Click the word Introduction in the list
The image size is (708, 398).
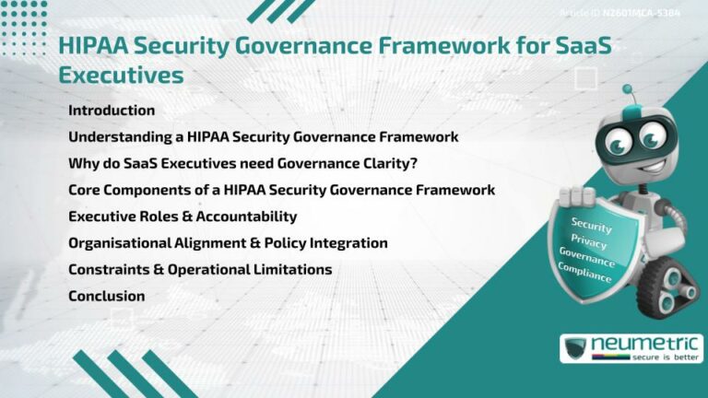[x=112, y=111]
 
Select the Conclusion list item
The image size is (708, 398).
[x=107, y=297]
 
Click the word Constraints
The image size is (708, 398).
[x=109, y=270]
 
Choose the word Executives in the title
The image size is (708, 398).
[x=121, y=75]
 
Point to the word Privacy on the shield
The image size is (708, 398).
[x=589, y=242]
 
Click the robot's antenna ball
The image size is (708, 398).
[x=628, y=90]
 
